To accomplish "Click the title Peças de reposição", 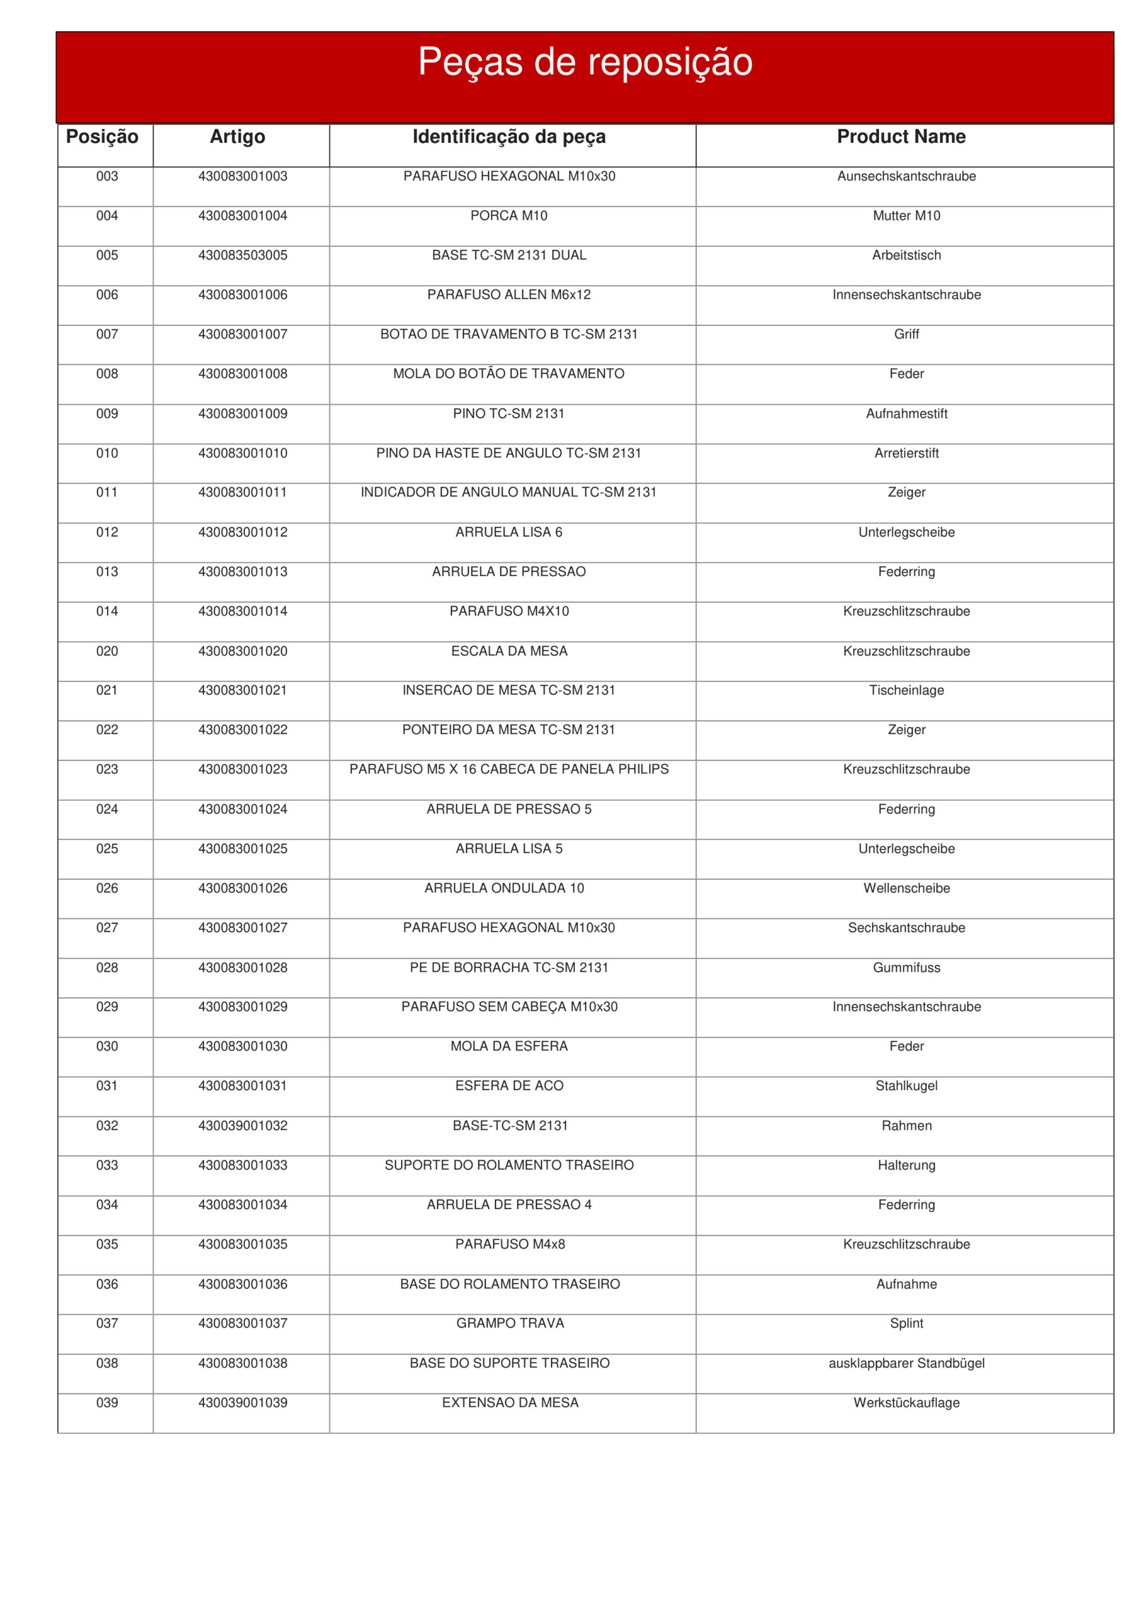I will click(585, 62).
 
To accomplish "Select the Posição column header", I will click(102, 136).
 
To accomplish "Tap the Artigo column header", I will click(237, 136).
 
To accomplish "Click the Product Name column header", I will click(901, 136).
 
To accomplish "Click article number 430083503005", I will click(242, 255).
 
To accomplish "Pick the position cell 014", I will click(107, 611).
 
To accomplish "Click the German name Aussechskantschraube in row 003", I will click(906, 176).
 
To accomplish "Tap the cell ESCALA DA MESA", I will click(509, 651).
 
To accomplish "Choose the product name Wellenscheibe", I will click(906, 888).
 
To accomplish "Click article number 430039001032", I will click(242, 1125).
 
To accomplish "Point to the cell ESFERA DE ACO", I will click(509, 1086).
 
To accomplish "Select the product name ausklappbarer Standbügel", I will click(906, 1363).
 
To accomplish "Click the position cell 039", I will click(107, 1402).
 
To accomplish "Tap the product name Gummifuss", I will click(906, 967).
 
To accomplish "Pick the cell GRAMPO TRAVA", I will click(510, 1323).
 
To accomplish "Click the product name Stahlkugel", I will click(906, 1086).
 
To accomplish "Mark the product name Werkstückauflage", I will click(906, 1402).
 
